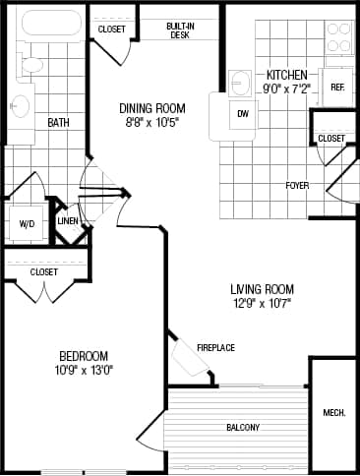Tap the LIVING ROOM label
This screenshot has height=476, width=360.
[x=263, y=289]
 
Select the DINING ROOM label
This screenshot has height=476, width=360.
[x=152, y=108]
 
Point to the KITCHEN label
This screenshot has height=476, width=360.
[x=287, y=75]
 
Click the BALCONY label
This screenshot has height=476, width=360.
[x=243, y=427]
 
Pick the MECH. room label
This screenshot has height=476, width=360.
[x=333, y=412]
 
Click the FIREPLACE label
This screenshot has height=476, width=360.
[x=215, y=347]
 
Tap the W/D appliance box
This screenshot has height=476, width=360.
[x=27, y=224]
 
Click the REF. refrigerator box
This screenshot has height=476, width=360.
[x=336, y=88]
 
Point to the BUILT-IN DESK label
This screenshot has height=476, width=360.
[x=178, y=30]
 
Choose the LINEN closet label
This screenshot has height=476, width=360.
[x=68, y=221]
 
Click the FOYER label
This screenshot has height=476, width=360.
[x=298, y=185]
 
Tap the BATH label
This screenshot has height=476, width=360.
[x=58, y=123]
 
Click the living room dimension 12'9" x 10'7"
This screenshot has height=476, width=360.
[x=263, y=304]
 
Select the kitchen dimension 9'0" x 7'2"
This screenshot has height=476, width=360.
[x=287, y=89]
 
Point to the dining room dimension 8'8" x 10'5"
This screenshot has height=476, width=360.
[x=152, y=123]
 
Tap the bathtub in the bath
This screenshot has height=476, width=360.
[x=45, y=26]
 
